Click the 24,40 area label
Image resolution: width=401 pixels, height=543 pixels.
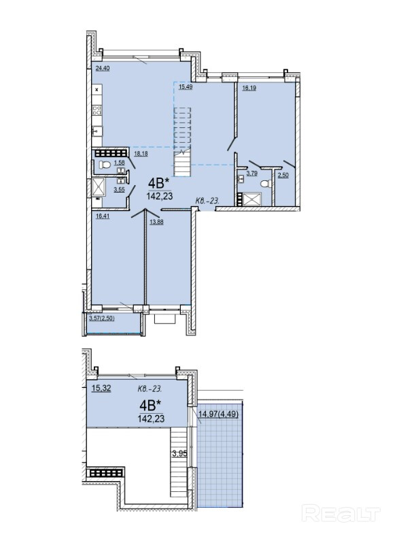coord(103,68)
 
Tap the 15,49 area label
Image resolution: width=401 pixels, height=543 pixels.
coord(185,87)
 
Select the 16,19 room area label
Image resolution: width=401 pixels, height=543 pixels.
coord(249,88)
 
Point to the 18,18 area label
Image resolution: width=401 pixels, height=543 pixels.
coord(141,154)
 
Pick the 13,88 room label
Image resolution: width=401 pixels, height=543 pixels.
coord(156,222)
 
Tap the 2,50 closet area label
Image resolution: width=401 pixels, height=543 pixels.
coord(283,175)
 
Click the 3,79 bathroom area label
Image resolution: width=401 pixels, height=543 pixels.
coord(251,173)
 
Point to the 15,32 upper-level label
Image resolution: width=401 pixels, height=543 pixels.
coord(101,389)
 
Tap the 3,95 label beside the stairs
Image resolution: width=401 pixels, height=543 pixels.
coord(179,453)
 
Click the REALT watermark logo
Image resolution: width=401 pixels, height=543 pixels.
coord(341,513)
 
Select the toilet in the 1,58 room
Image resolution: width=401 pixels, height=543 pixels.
coord(105,165)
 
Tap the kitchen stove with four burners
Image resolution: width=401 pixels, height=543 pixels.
coord(97,111)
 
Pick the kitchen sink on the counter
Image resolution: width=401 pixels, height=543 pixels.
coord(97,131)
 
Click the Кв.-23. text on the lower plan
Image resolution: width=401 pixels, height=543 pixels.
coord(148,389)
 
